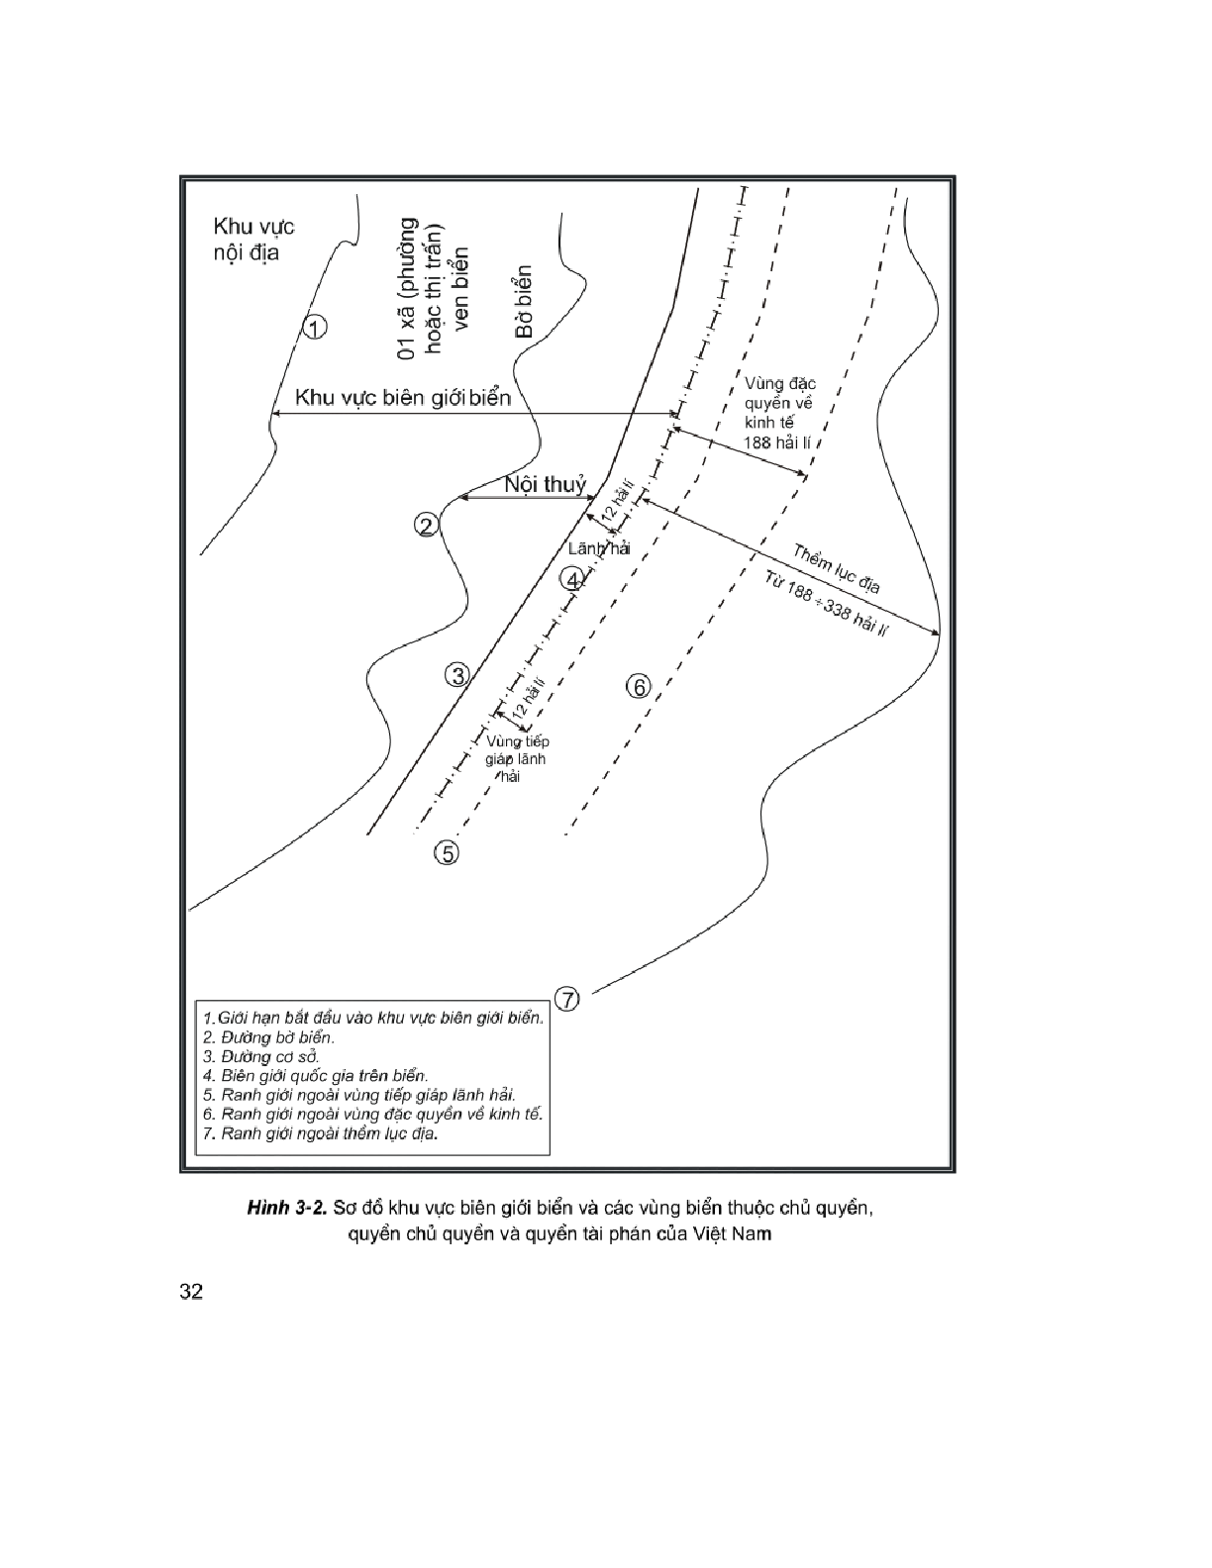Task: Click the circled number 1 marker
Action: [314, 327]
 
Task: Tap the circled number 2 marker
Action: [427, 526]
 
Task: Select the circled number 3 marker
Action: [456, 676]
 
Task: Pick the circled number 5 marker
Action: [449, 852]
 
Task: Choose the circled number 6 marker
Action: [639, 685]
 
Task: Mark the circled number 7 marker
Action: [565, 1000]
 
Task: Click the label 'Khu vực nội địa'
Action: [253, 240]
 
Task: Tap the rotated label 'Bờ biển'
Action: [524, 301]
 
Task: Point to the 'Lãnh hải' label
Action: [599, 549]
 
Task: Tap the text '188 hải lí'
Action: [777, 442]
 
